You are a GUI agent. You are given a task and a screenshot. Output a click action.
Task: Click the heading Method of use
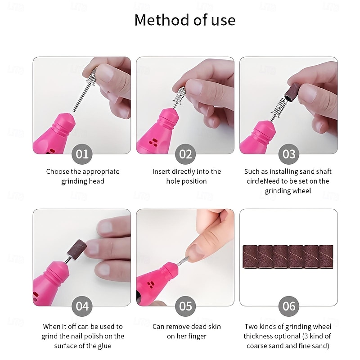(185, 20)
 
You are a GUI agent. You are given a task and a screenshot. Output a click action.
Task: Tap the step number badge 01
(82, 154)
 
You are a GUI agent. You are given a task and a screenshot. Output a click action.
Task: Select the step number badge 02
(185, 154)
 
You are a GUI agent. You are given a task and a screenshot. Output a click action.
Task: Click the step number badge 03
(288, 154)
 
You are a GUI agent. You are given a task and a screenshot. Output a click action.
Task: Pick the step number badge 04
(82, 306)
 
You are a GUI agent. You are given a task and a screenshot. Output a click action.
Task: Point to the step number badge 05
(185, 306)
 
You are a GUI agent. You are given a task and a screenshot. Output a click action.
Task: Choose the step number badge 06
(288, 306)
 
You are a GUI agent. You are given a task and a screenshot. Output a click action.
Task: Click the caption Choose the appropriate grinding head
(82, 176)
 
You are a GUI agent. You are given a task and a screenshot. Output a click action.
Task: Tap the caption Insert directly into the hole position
(186, 176)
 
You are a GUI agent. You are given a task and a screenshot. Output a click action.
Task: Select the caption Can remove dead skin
(186, 327)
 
